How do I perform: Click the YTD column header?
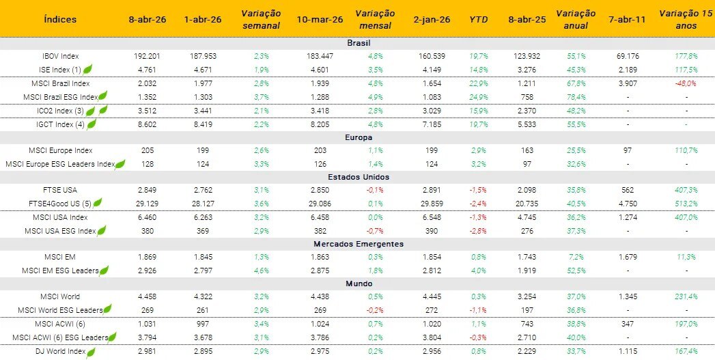[x=478, y=19]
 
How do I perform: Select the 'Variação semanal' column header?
[x=260, y=19]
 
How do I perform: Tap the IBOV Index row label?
[x=60, y=56]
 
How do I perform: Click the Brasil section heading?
[x=359, y=43]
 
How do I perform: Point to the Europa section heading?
[x=359, y=137]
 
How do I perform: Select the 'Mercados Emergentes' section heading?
[x=359, y=244]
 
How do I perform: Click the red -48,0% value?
[x=686, y=83]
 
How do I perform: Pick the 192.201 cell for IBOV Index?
[x=148, y=56]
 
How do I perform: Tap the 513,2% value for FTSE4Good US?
[x=686, y=204]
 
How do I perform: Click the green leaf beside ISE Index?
[x=87, y=70]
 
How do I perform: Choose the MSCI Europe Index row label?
[x=60, y=150]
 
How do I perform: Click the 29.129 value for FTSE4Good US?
[x=148, y=204]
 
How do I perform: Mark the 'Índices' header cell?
[x=60, y=19]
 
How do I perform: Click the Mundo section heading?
[x=359, y=283]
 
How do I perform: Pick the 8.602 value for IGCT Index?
[x=148, y=124]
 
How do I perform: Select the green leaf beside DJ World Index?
[x=90, y=351]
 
